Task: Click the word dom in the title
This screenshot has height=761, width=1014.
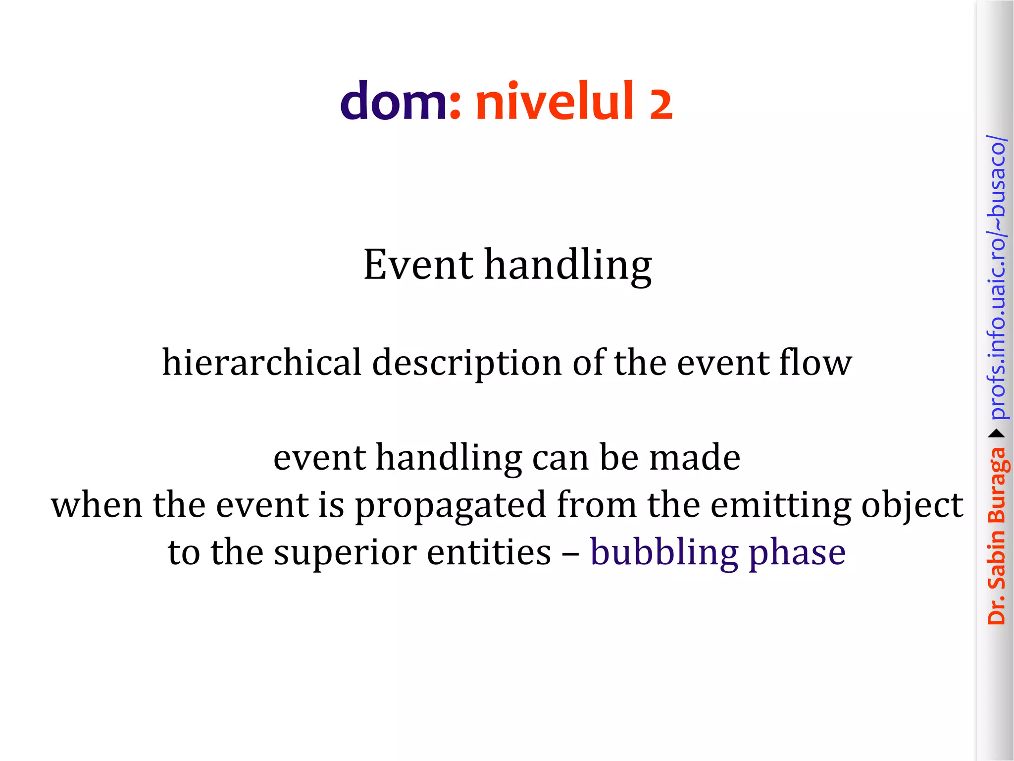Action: coord(393,102)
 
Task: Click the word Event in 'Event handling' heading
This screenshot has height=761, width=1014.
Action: coord(418,265)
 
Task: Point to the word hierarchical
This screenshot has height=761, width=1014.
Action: coord(262,363)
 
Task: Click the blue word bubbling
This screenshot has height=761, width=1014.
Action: coord(663,553)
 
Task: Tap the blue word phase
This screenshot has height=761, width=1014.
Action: coord(797,553)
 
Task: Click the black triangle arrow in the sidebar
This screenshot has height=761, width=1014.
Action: coord(996,434)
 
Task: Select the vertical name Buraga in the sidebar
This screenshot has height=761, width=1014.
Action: coord(997,486)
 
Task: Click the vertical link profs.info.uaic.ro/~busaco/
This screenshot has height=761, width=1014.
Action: coord(997,277)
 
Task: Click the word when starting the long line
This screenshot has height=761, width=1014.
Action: coord(97,505)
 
